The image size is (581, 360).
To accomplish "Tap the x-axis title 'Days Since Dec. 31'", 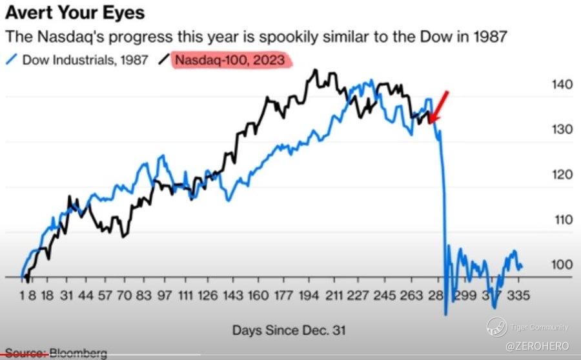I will point(289,330).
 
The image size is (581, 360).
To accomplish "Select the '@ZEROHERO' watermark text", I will point(537,346).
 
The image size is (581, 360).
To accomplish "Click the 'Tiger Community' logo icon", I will point(496,327).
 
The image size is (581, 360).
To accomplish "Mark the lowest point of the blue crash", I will point(446,314).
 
